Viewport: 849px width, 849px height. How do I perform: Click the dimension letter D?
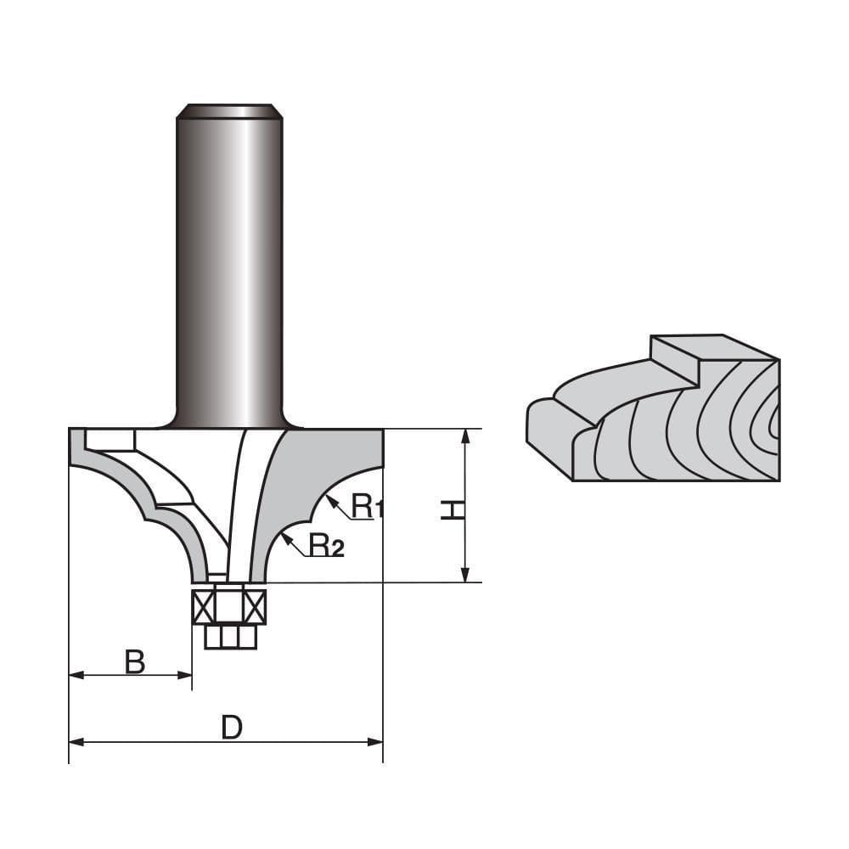(232, 727)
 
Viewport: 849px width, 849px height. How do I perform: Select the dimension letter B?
(134, 661)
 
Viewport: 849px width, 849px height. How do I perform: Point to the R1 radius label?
(368, 507)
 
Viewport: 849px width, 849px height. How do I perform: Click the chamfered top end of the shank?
(229, 110)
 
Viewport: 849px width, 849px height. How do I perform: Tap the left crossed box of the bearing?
(204, 606)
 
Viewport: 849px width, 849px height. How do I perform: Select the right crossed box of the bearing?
(256, 606)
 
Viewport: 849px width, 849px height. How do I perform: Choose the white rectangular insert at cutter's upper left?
(110, 440)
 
